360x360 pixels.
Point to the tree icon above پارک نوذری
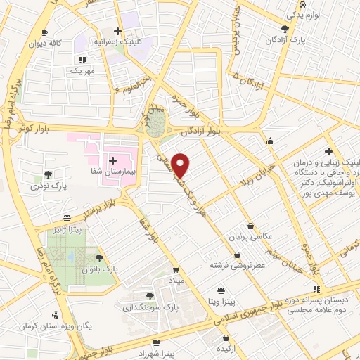tap(48, 174)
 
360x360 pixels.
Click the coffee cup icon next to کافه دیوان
tap(45, 32)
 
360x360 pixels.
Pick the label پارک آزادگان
tap(285, 40)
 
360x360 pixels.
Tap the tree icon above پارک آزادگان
tap(285, 29)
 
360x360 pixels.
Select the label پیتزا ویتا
tap(221, 301)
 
